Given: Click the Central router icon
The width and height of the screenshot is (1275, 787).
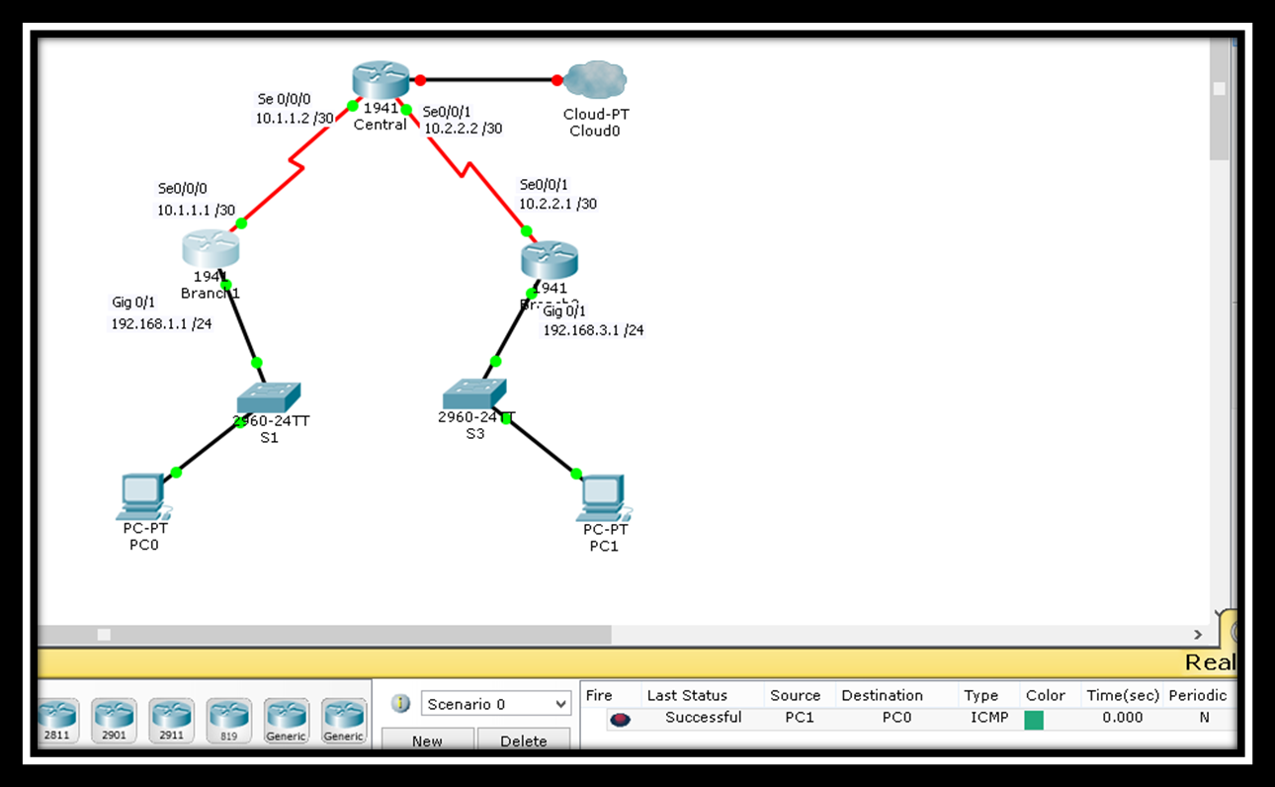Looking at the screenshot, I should coord(381,80).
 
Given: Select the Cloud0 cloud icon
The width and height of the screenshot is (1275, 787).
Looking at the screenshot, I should coord(596,79).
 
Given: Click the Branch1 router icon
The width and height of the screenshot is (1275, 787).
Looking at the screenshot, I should coord(211,247).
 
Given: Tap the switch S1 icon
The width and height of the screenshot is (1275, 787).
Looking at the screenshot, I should coord(268,397).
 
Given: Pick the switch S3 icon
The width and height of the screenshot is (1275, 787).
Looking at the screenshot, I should coord(473,393).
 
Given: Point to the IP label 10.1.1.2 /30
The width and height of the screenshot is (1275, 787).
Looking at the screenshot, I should coord(295,119).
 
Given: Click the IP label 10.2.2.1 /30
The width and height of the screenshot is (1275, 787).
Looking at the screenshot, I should coord(557,205).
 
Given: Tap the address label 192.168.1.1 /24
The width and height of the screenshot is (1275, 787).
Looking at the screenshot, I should coord(161,324).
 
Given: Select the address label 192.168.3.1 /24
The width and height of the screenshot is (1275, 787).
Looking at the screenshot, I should coord(593,330).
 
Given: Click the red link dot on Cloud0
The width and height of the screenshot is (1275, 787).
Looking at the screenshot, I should coord(557,80).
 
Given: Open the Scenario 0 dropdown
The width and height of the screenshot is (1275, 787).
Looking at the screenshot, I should coord(496,704).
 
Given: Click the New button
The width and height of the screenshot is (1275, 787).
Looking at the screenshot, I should coord(427,741).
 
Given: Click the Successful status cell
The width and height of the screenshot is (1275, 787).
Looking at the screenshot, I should coord(703,718).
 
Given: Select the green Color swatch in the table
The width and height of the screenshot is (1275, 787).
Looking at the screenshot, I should coord(1034,720).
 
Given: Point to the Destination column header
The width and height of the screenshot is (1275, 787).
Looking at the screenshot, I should coord(882,695).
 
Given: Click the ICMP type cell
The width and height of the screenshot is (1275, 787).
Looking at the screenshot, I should coord(989,718).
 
